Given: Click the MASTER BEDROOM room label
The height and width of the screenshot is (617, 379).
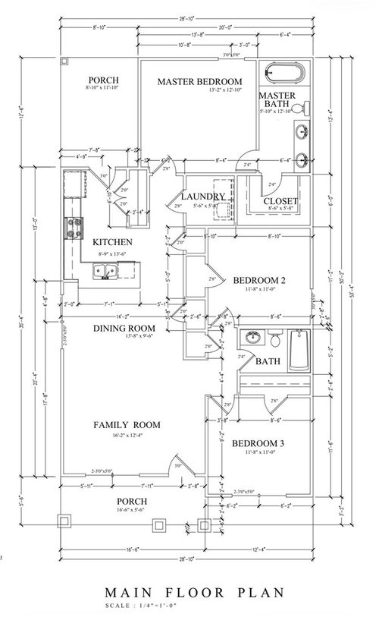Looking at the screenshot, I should (x=199, y=81).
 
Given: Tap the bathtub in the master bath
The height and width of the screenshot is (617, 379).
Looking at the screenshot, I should (x=286, y=74).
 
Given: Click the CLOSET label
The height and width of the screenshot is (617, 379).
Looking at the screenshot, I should (x=280, y=201).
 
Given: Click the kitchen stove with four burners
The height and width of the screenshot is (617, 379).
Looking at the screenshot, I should (x=77, y=226).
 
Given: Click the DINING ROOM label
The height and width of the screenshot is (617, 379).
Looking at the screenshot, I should (x=124, y=328).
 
